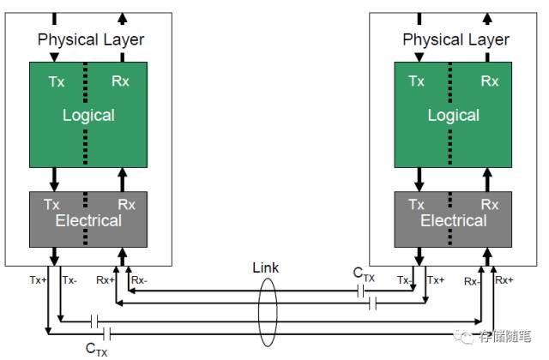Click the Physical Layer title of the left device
point(91,39)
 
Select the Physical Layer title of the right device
point(455,39)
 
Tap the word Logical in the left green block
point(89,115)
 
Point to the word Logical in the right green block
point(454,115)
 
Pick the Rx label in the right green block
point(490,81)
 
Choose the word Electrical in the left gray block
point(89,220)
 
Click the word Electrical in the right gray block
point(454,220)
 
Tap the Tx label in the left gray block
point(52,205)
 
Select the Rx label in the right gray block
point(490,205)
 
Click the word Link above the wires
point(266,268)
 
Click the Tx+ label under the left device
point(36,279)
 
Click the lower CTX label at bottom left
point(96,348)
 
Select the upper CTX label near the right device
point(365,273)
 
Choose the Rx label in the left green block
point(123,81)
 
